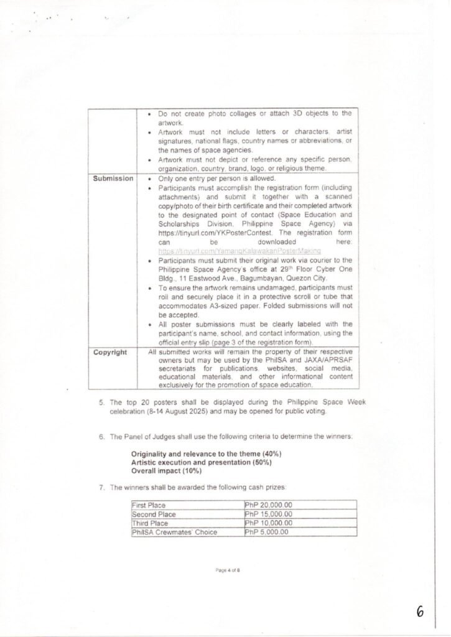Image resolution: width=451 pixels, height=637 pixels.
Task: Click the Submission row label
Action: coord(113,179)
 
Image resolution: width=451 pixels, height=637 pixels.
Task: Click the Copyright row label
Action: coord(110,353)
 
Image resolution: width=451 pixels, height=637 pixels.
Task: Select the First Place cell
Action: coord(149,506)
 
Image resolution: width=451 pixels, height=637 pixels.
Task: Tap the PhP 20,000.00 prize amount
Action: coord(269,506)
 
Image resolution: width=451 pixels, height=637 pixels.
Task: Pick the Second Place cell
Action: coord(154,514)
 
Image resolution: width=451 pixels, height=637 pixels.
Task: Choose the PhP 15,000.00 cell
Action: coord(269,514)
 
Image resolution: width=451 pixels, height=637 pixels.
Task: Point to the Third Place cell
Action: coord(150,523)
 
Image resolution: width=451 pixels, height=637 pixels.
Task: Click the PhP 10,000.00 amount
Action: coord(269,523)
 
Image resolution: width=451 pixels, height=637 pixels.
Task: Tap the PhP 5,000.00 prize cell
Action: coord(267,532)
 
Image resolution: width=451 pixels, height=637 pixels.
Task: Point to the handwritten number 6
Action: coord(420,612)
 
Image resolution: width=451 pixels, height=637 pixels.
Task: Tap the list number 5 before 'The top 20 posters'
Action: coord(102,402)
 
